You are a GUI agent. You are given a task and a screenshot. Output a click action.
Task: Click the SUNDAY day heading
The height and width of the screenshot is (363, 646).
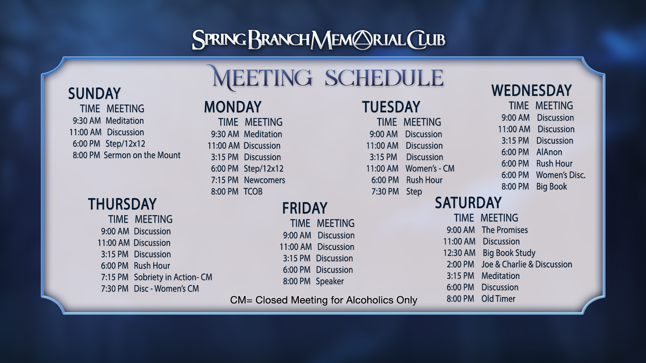[94, 93]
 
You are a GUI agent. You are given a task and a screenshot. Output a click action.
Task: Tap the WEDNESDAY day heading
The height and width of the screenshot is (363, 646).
[532, 90]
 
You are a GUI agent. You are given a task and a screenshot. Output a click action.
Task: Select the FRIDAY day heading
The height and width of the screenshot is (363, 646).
[304, 208]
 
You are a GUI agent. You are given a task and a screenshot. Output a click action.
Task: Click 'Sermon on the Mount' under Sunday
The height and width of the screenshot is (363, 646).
[142, 155]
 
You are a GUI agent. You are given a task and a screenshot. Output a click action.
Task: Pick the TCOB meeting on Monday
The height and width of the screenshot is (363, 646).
[253, 191]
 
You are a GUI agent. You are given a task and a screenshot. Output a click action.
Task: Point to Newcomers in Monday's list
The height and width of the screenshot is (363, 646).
[264, 180]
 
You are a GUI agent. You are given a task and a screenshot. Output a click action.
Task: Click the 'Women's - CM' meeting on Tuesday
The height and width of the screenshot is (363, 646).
[430, 168]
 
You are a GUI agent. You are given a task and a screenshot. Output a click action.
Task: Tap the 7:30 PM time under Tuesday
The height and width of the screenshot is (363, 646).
[385, 191]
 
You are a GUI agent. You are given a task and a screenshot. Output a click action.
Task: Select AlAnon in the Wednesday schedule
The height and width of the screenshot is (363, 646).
[549, 152]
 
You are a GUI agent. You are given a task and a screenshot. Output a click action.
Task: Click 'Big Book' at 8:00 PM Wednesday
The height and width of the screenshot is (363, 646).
[551, 187]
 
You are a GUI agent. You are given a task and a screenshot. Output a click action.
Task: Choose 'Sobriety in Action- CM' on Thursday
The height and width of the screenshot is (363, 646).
[173, 277]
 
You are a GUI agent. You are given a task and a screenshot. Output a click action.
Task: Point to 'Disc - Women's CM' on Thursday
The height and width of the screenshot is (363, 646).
[166, 288]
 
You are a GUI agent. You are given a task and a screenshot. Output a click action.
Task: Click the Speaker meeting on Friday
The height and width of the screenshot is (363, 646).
[330, 281]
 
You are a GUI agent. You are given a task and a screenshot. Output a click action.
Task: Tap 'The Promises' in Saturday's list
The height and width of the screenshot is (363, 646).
[505, 230]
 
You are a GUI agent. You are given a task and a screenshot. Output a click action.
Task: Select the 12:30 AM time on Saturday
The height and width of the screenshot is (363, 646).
[459, 253]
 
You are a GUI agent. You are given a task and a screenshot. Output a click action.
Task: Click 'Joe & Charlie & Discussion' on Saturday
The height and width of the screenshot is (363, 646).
[527, 264]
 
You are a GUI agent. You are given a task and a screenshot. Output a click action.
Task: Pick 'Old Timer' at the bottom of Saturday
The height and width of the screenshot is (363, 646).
[498, 298]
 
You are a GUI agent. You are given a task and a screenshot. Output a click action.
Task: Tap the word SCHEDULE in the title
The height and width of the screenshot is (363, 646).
[384, 78]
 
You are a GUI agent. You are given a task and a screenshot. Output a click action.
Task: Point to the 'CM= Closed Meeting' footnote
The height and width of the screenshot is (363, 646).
[324, 300]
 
